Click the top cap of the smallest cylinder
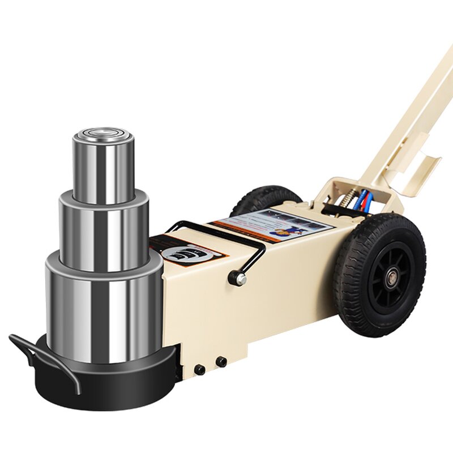[102, 136]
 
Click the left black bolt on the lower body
[199, 369]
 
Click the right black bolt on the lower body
[221, 361]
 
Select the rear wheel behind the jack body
[266, 198]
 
